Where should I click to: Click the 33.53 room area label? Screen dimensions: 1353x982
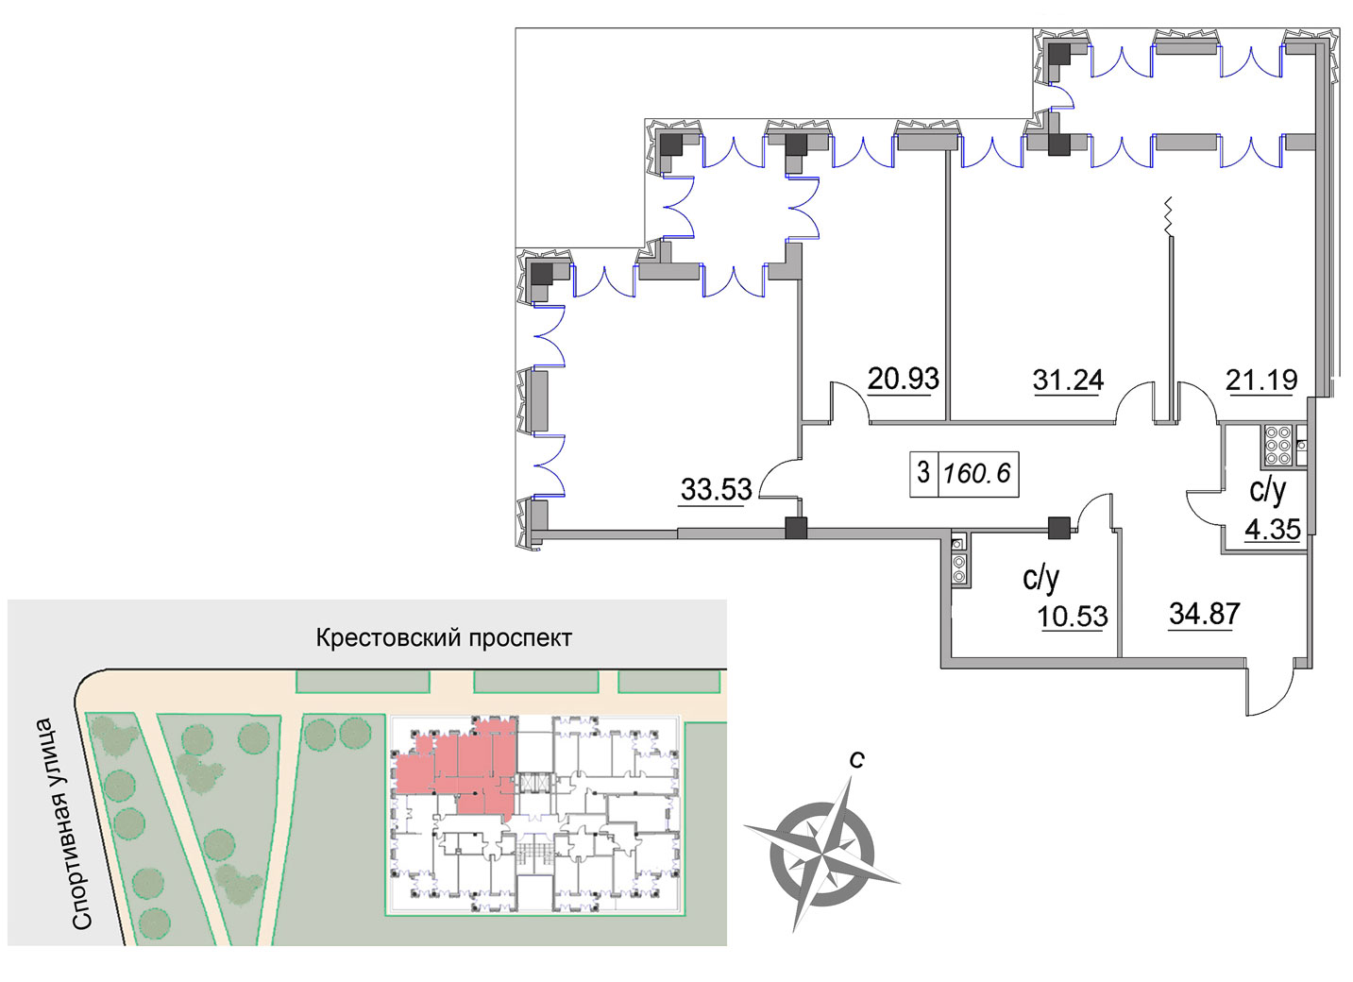click(716, 489)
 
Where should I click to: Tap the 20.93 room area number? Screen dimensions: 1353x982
click(903, 379)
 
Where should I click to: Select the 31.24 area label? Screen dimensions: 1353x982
click(1068, 380)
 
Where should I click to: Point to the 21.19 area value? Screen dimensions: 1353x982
click(1261, 380)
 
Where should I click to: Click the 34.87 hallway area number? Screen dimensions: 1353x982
click(1205, 614)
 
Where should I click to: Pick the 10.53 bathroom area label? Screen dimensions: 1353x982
click(1073, 617)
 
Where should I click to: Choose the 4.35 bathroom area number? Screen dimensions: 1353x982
click(1273, 529)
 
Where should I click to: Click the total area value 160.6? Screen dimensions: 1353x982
click(976, 473)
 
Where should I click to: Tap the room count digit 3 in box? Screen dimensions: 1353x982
click(923, 472)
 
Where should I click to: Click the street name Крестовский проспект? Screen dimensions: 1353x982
click(444, 638)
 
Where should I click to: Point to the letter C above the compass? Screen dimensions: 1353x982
click(856, 759)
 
